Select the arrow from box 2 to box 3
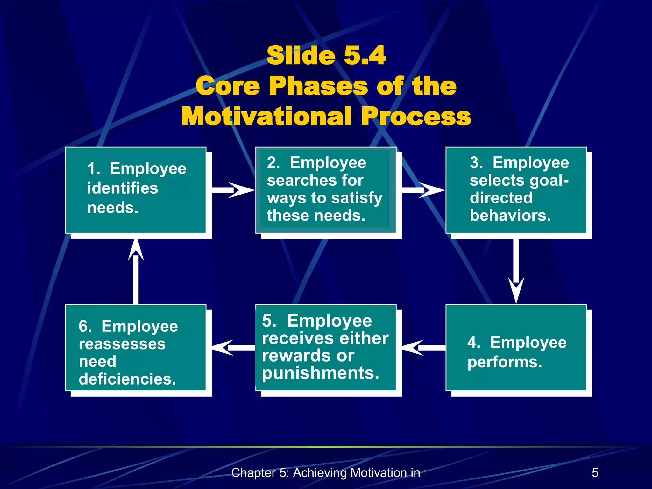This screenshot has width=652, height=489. pos(423,190)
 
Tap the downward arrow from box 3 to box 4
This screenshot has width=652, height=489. pos(516,271)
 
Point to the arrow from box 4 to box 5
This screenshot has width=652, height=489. pos(423,347)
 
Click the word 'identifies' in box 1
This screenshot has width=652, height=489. pos(123,188)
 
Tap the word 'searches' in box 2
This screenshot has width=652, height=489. pos(301,181)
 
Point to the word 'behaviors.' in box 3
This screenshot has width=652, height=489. pos(510,216)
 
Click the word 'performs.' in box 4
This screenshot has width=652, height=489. pos(505,362)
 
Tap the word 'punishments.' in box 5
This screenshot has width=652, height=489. pos(321,373)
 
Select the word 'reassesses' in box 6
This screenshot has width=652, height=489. pos(122,344)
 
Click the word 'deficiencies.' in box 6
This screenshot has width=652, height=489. pos(127,379)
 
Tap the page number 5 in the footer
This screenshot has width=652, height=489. pos(595,473)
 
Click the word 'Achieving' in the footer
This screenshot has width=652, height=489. pos(319,473)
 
